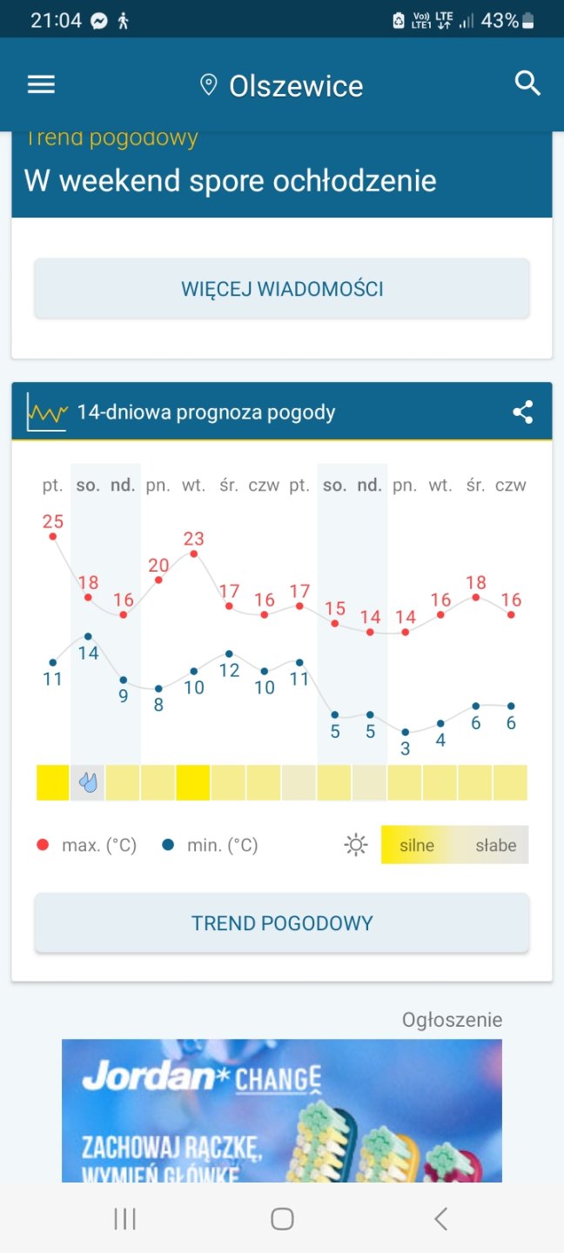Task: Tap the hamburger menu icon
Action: (x=41, y=84)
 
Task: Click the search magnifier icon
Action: (x=527, y=84)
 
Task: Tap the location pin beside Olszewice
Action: (x=208, y=84)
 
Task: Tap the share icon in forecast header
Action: (x=523, y=412)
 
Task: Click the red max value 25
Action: (x=53, y=521)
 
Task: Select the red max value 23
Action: (x=193, y=539)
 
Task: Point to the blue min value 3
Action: (x=405, y=748)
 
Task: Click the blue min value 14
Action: (x=88, y=653)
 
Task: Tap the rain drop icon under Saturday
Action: (x=88, y=782)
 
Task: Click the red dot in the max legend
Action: (x=43, y=845)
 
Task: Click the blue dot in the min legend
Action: (x=168, y=845)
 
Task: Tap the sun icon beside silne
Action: (x=356, y=845)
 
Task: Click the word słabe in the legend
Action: (x=495, y=845)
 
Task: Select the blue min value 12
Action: (x=229, y=670)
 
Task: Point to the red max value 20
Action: (x=158, y=565)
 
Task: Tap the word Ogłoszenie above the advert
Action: (x=452, y=1020)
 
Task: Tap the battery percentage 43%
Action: (x=500, y=21)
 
